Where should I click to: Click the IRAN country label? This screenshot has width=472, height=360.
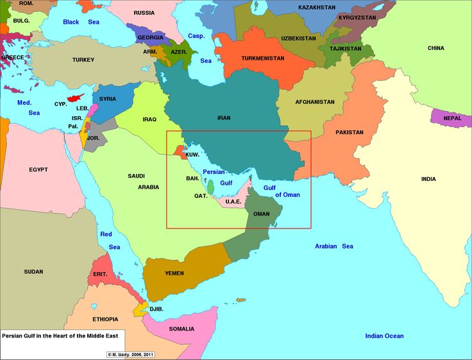(x=224, y=118)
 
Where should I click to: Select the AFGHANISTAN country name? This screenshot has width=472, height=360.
(x=314, y=102)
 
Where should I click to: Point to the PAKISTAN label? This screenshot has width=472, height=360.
(x=349, y=133)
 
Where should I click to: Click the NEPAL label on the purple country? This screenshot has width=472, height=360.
(x=452, y=118)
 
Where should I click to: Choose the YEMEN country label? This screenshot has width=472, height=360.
(x=174, y=273)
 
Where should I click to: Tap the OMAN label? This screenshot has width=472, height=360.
(x=262, y=214)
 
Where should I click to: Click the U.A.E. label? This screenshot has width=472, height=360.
(x=233, y=201)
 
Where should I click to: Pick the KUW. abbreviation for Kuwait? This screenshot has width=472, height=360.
(x=192, y=155)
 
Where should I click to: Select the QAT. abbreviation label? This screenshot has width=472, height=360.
(x=201, y=196)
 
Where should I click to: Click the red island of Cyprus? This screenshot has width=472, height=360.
(x=76, y=98)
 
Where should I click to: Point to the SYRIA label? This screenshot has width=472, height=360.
(x=108, y=99)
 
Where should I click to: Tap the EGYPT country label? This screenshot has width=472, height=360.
(x=38, y=170)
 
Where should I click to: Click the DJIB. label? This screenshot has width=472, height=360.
(x=156, y=309)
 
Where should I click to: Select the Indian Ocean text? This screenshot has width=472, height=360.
(x=384, y=336)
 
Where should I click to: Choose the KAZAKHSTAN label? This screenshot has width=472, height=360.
(x=317, y=8)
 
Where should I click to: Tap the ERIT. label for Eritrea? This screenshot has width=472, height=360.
(x=100, y=274)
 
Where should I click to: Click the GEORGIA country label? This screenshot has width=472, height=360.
(x=150, y=38)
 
